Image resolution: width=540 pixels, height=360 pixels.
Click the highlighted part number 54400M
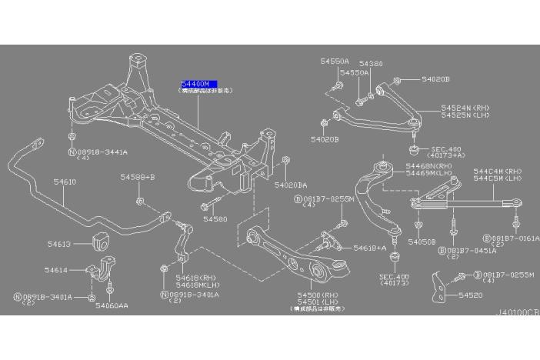198,83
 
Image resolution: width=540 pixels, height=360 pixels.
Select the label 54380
371,64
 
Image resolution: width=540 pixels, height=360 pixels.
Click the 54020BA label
292,185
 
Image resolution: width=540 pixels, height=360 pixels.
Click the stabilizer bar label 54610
65,182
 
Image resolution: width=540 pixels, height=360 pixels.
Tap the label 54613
58,244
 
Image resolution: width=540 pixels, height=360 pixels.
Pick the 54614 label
56,270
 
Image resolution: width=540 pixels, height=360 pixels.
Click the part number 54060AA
112,305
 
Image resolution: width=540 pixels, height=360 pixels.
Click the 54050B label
422,242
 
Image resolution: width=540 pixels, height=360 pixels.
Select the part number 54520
469,295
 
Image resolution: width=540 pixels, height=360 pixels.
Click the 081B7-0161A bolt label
515,238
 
